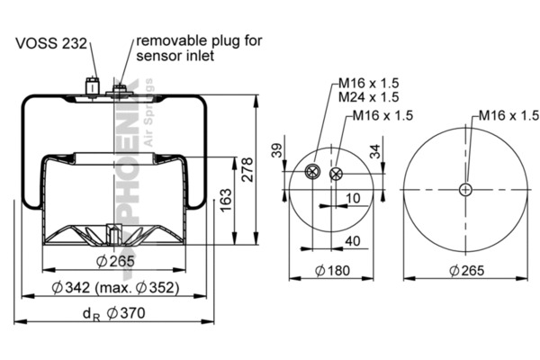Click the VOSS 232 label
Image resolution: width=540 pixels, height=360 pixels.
pos(51,42)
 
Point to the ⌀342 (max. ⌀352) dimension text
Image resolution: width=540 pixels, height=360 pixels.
pos(115,287)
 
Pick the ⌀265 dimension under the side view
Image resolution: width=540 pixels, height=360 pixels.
pos(115,262)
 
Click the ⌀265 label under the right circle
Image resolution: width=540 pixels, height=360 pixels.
pos(463,270)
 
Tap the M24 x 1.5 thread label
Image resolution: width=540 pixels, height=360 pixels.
pos(370,96)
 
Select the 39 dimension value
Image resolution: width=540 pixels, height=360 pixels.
pos(275,152)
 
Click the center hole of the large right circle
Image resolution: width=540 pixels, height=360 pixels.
pos(465,189)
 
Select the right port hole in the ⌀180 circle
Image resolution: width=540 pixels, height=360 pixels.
pos(337,175)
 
